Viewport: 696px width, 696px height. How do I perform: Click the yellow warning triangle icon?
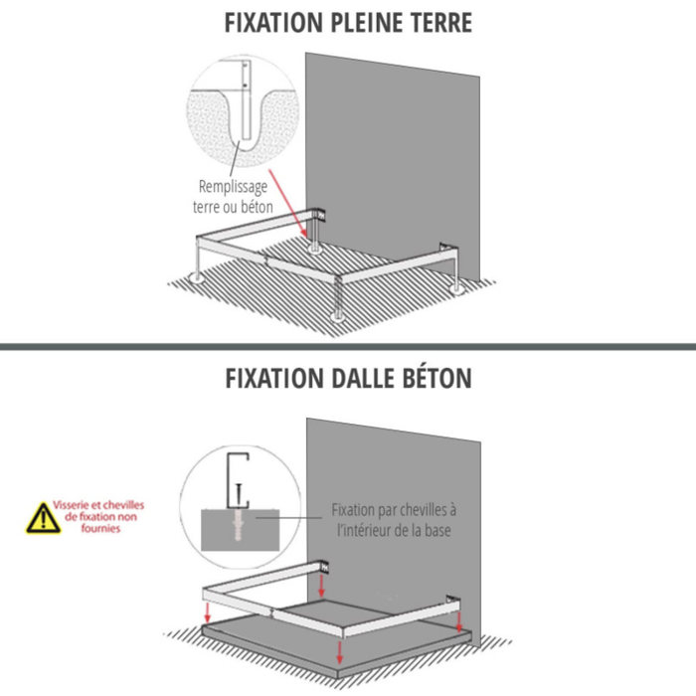pos(43,517)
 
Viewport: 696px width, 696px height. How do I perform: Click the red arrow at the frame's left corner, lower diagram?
pos(207,608)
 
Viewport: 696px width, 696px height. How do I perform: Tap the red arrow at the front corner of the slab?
pos(340,651)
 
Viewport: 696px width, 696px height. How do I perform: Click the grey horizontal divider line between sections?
pos(348,346)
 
